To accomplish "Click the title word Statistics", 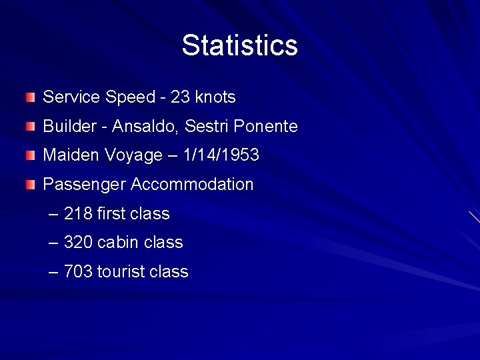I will (x=239, y=45).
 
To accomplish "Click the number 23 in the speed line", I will (x=180, y=97).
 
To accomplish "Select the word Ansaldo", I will (x=133, y=127).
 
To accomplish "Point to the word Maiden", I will (x=70, y=155).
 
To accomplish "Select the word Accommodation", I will (x=193, y=185).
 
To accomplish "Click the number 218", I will (x=77, y=214).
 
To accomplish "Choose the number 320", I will (x=77, y=243).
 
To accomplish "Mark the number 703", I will (x=77, y=272).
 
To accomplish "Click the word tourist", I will (x=122, y=272).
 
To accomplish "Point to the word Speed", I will (x=130, y=98).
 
